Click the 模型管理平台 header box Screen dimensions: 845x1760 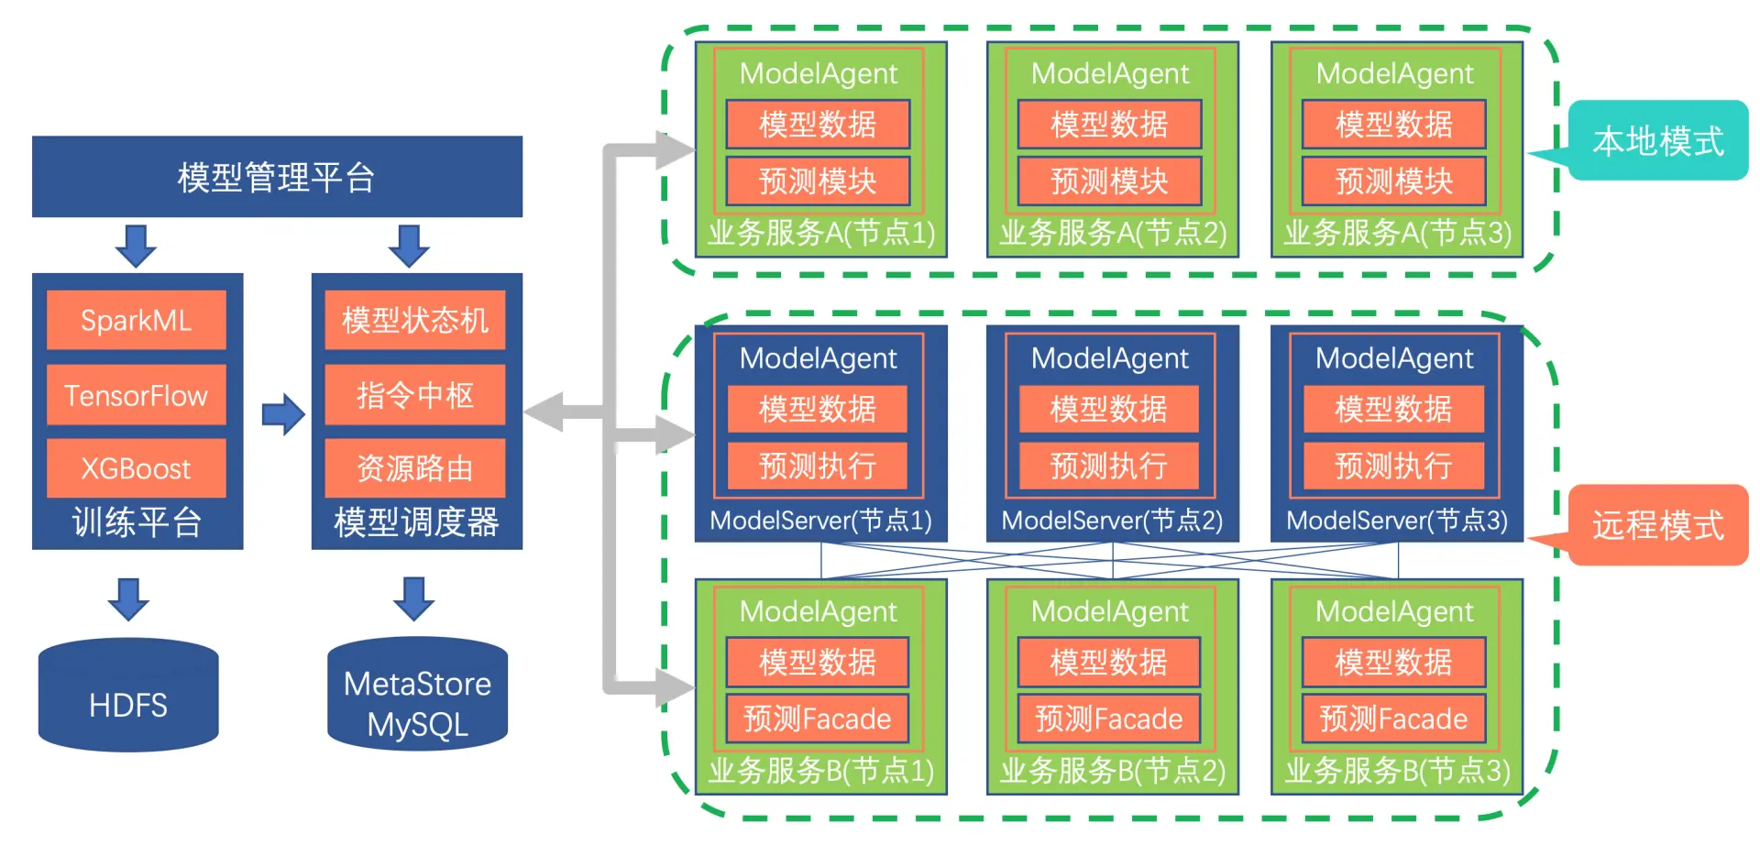[277, 177]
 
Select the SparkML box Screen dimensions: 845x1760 [136, 320]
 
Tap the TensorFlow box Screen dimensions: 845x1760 [136, 395]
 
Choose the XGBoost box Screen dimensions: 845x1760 [136, 468]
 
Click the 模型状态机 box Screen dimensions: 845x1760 [415, 320]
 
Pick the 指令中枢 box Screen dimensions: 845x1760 [415, 395]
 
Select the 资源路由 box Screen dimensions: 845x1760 [415, 468]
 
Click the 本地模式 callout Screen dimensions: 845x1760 [1658, 141]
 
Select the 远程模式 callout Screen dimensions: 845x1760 [1658, 525]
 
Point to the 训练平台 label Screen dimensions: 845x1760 [137, 522]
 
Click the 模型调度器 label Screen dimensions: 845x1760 [416, 522]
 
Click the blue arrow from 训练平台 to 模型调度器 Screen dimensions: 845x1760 [282, 414]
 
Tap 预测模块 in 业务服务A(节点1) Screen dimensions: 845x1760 [818, 181]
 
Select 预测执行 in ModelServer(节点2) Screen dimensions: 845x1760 [1109, 466]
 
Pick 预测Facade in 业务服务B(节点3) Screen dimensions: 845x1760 [1393, 719]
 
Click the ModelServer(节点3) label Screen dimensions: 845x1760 [1397, 521]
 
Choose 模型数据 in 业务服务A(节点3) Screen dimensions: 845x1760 [1393, 124]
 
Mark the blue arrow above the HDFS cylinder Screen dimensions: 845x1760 [128, 598]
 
